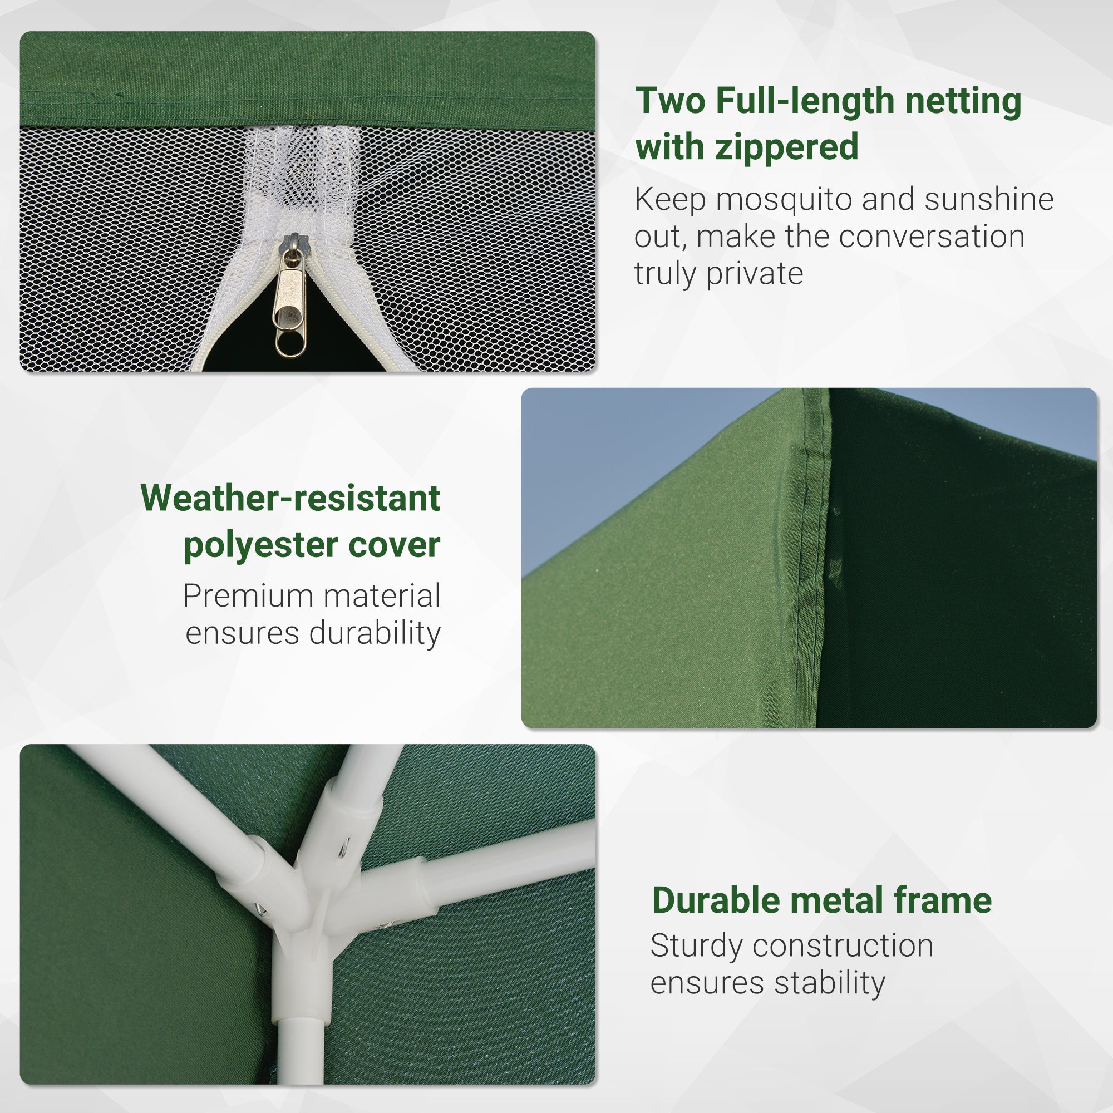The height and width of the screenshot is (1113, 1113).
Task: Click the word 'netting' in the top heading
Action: (963, 101)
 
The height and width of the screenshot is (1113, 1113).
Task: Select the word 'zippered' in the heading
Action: (786, 147)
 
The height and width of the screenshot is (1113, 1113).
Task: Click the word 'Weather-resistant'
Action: (290, 498)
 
